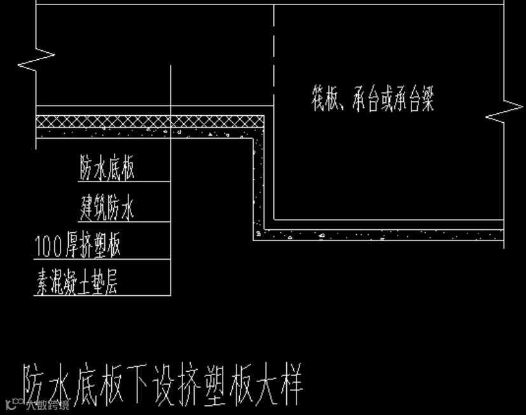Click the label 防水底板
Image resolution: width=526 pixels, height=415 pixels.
click(107, 169)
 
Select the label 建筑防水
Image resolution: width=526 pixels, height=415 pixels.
click(107, 207)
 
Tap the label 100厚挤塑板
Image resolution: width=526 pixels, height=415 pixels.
click(78, 246)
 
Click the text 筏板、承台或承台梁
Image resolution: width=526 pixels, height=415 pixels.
click(373, 101)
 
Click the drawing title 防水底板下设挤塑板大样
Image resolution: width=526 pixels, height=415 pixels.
click(163, 384)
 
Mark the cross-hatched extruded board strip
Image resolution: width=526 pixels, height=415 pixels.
click(150, 121)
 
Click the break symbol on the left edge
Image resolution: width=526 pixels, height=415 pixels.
click(37, 59)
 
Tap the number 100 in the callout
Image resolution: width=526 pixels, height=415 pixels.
click(50, 246)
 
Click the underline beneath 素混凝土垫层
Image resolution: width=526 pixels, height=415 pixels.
click(102, 296)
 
